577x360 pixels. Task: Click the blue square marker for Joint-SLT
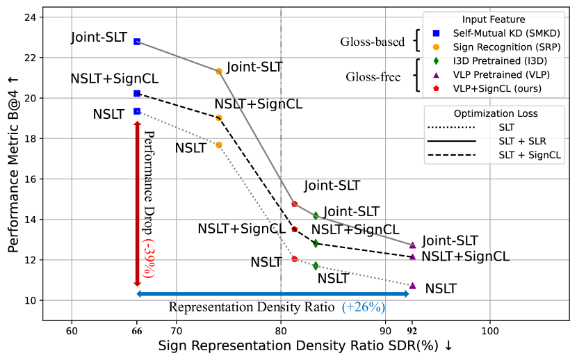(x=137, y=42)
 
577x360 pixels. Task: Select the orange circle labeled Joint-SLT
(x=219, y=71)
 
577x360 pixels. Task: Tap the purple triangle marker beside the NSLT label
(x=412, y=286)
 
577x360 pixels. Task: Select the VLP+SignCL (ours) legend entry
(x=497, y=88)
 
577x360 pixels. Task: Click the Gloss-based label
(x=372, y=42)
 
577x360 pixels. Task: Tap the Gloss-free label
(x=373, y=76)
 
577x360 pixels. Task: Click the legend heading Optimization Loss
(x=494, y=113)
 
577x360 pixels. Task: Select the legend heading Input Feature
(x=494, y=19)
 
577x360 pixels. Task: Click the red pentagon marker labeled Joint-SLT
(x=294, y=204)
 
